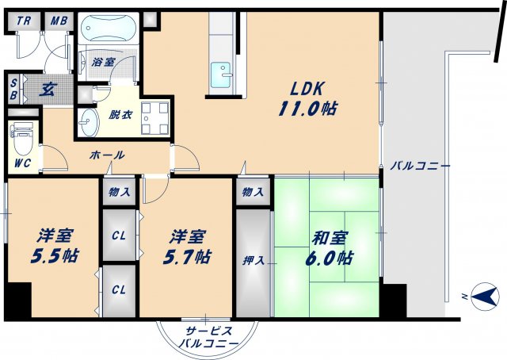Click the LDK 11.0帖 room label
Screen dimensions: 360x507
coord(308,99)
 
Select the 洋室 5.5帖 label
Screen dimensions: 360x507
coord(55,246)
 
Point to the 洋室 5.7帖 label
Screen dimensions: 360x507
coord(188,247)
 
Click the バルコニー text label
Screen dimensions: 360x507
coord(420,167)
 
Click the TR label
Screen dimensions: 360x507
coord(25,21)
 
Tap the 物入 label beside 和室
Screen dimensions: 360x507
coord(253,192)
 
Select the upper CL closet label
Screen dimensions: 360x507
coord(120,235)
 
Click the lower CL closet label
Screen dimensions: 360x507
coord(120,289)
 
